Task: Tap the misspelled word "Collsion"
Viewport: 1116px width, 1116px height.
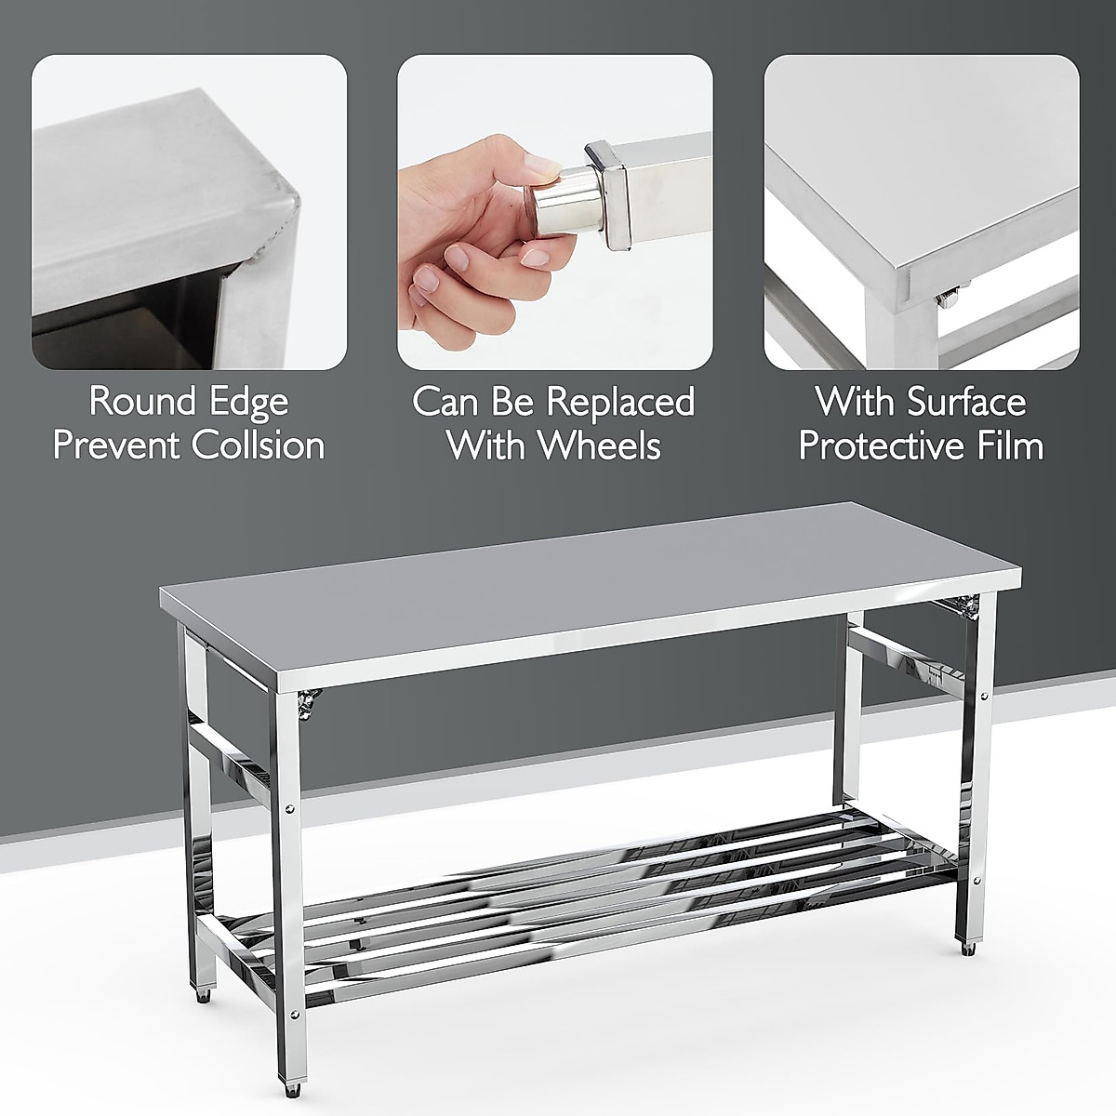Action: pyautogui.click(x=258, y=445)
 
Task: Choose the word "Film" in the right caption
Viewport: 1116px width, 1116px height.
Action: pyautogui.click(x=1008, y=445)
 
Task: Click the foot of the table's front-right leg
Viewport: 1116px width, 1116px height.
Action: pyautogui.click(x=972, y=950)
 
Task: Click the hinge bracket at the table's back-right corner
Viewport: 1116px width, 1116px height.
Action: pyautogui.click(x=967, y=606)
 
